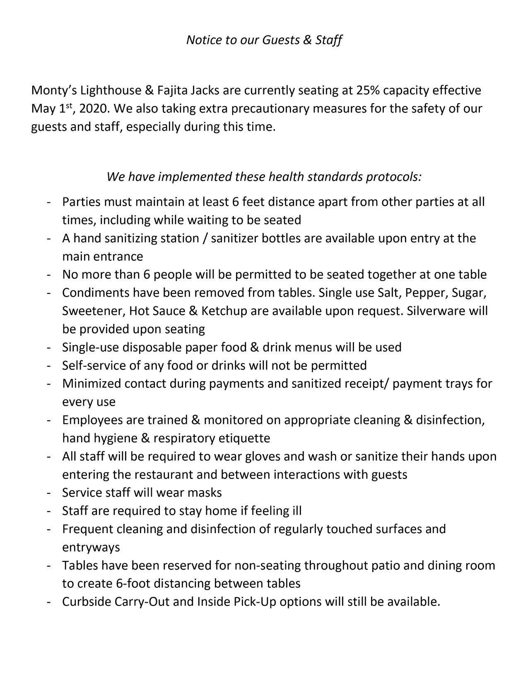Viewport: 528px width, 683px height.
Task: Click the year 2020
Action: click(x=94, y=108)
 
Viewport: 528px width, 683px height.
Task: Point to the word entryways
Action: click(x=91, y=547)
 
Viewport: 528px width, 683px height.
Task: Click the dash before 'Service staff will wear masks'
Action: click(x=49, y=493)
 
